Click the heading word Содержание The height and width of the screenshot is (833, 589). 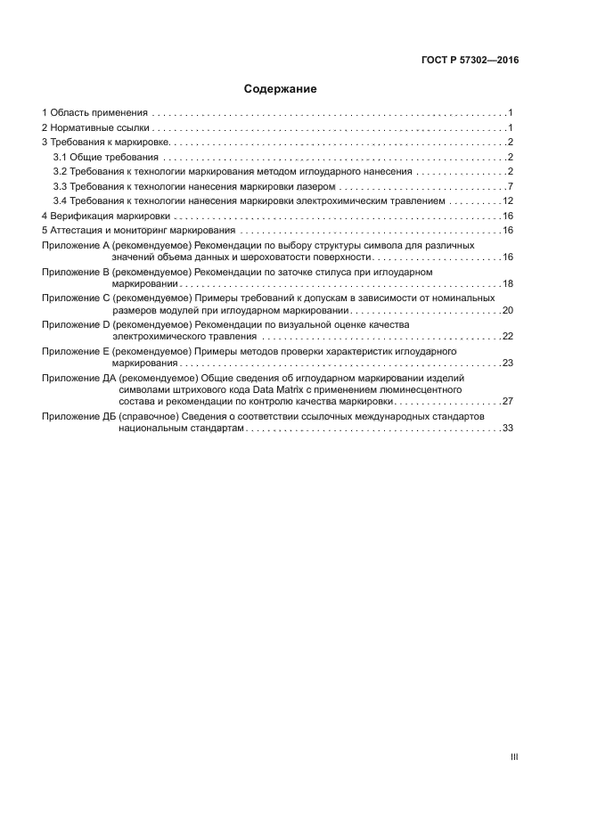[281, 89]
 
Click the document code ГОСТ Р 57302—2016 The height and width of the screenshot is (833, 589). [470, 61]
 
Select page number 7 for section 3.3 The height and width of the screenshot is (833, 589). [510, 186]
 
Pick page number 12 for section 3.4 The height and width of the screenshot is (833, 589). [507, 200]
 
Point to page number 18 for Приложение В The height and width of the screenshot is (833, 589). [507, 283]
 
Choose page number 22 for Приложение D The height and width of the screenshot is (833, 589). [507, 337]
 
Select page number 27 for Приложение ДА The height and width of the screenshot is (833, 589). [507, 402]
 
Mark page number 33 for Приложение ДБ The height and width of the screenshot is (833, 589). [507, 429]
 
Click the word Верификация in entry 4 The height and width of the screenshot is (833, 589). [80, 216]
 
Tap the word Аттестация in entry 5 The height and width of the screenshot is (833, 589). [78, 230]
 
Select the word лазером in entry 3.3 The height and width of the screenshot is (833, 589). [317, 186]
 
